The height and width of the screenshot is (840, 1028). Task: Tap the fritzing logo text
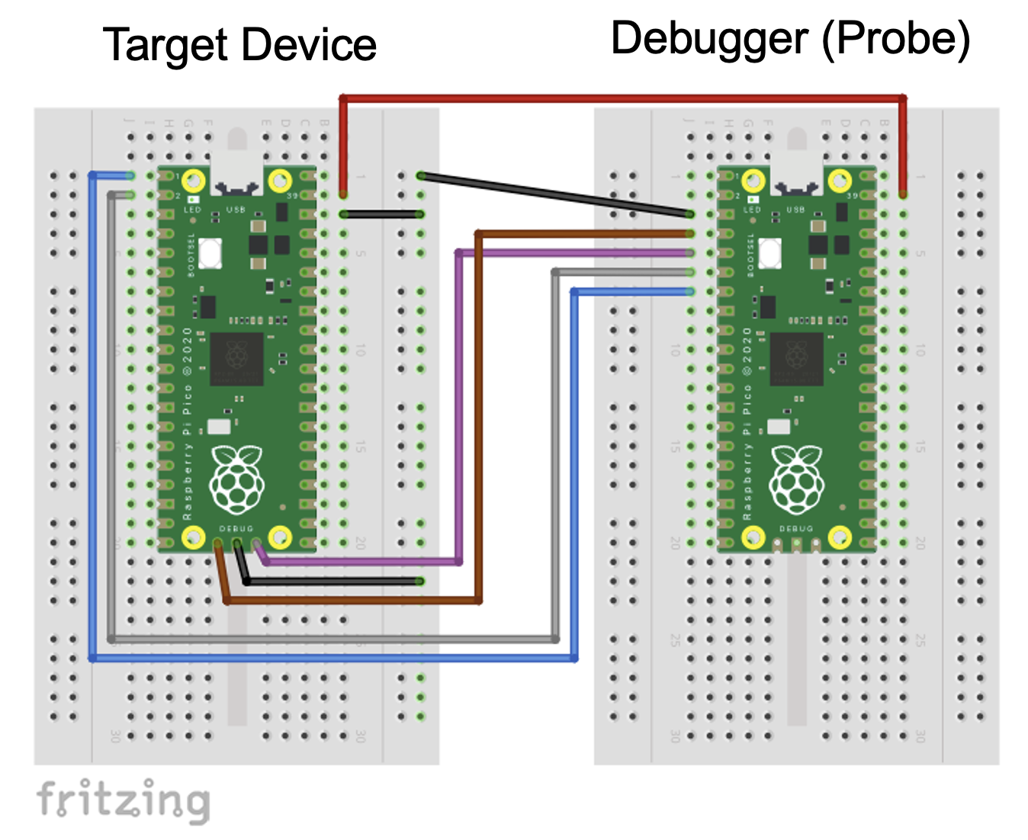tap(123, 800)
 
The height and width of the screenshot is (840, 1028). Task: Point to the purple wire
tap(459, 404)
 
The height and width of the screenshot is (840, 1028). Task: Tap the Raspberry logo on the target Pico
tap(237, 479)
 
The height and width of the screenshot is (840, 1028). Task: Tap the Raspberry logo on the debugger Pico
tap(797, 479)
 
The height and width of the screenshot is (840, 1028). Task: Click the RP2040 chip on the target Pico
tap(236, 358)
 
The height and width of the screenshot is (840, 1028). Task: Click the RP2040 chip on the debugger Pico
tap(796, 358)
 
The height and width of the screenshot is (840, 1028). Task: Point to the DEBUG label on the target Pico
tap(236, 528)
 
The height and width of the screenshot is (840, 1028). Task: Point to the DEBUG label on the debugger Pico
tap(796, 528)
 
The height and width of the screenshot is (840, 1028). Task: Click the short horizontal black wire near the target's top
tap(381, 214)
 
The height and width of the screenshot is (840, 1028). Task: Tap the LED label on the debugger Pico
tap(752, 210)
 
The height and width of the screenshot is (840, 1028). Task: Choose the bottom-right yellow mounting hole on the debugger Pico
tap(840, 537)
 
